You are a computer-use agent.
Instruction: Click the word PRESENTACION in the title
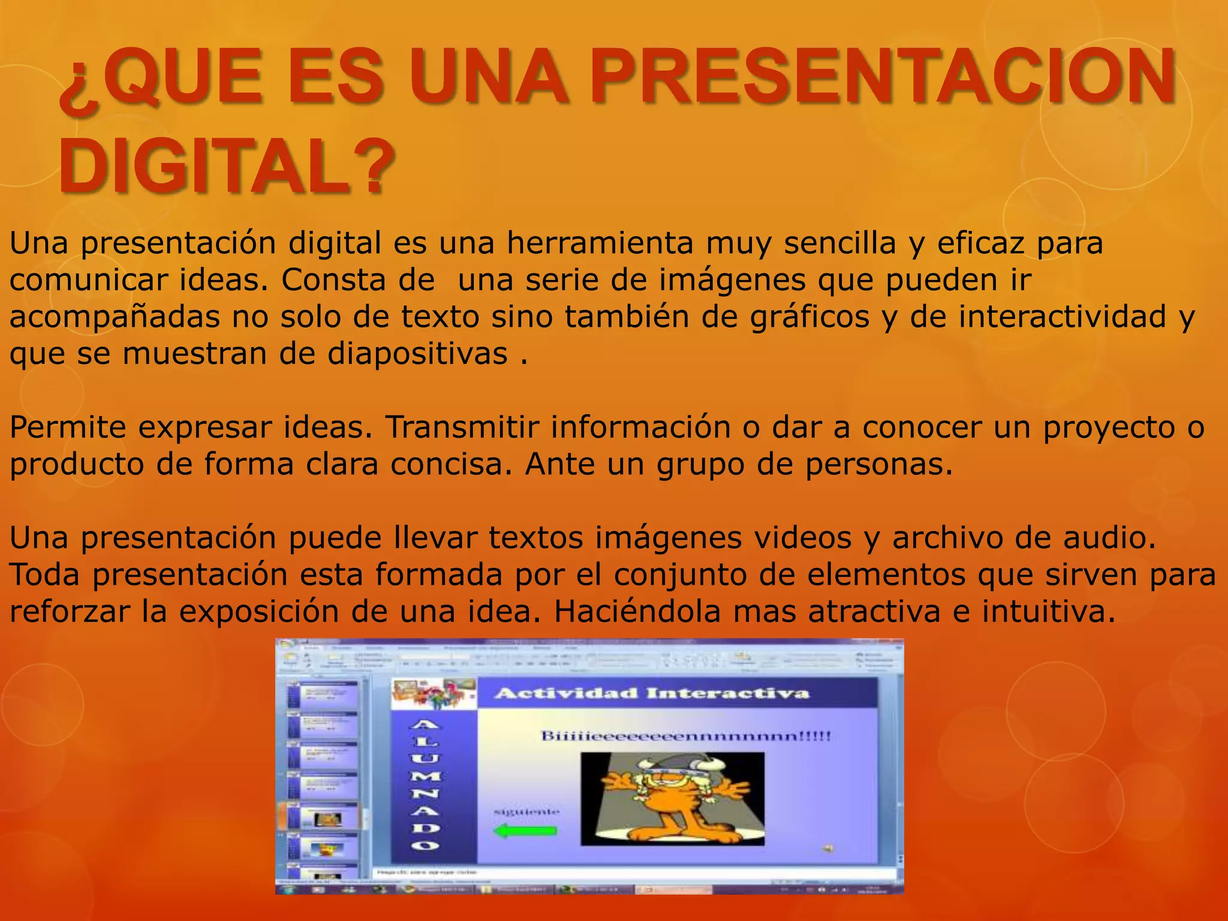click(x=881, y=78)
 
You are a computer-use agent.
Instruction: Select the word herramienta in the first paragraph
click(x=599, y=243)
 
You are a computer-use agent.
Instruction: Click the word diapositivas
click(x=417, y=354)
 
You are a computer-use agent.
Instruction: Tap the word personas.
click(x=878, y=465)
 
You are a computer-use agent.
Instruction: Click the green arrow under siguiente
click(x=525, y=831)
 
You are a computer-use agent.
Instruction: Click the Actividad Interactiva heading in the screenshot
click(x=651, y=694)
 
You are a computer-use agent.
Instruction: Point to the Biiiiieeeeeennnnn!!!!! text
click(x=686, y=736)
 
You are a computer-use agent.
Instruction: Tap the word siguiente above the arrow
click(x=526, y=812)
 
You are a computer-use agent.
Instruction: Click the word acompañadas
click(x=115, y=317)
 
